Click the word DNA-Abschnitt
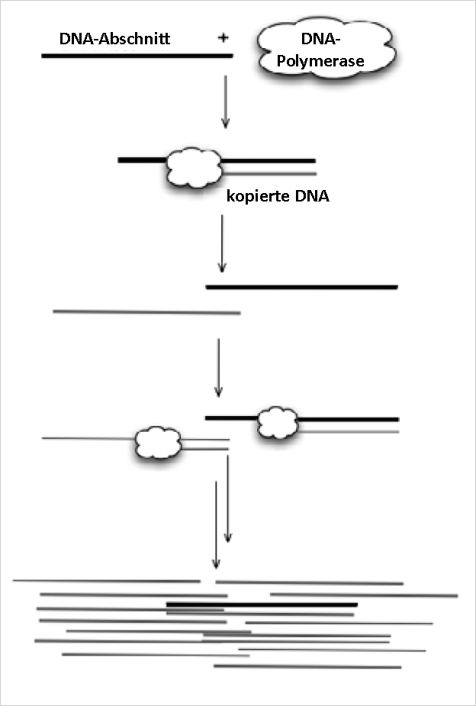pyautogui.click(x=114, y=38)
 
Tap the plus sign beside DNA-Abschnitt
pyautogui.click(x=223, y=37)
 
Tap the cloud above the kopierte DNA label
pyautogui.click(x=193, y=167)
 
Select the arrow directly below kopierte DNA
pyautogui.click(x=222, y=244)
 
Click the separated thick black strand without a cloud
pyautogui.click(x=301, y=287)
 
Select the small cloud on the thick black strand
pyautogui.click(x=276, y=422)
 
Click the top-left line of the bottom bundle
pyautogui.click(x=106, y=581)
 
